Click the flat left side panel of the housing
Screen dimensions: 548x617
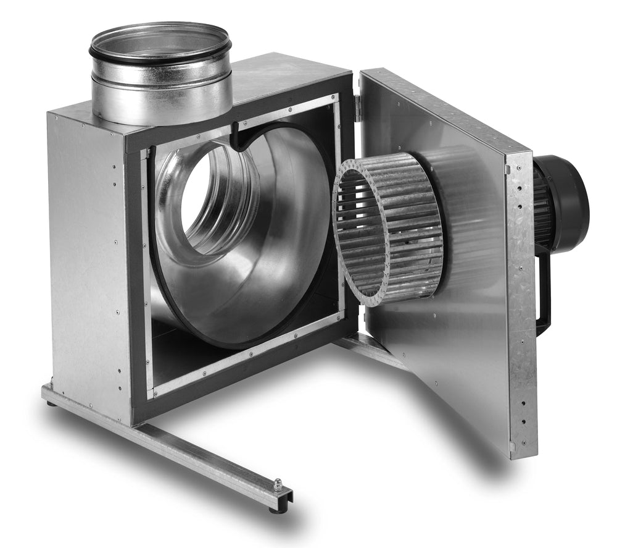(86, 259)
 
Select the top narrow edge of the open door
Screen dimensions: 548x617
(444, 111)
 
